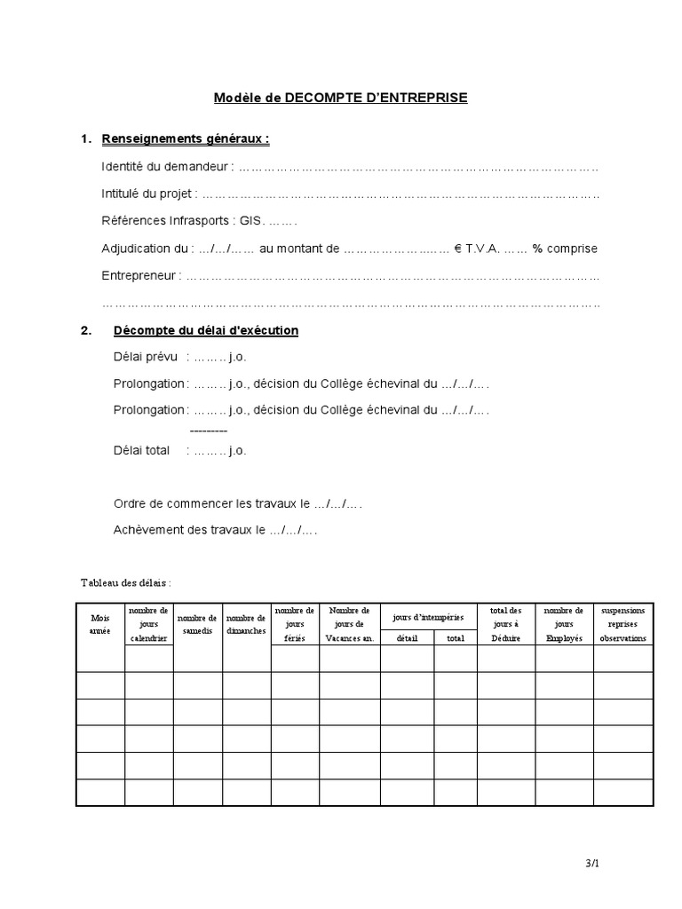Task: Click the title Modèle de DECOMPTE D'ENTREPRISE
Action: (x=340, y=98)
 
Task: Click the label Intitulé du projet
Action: (x=149, y=194)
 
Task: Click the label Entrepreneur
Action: (x=140, y=276)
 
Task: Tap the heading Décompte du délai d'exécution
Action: (x=206, y=330)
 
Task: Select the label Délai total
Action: (x=141, y=450)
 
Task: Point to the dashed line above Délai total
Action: (x=209, y=431)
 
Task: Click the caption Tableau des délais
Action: (x=125, y=583)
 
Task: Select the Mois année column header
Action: (x=99, y=624)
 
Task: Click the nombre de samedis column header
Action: (x=197, y=624)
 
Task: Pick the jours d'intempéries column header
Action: (x=429, y=616)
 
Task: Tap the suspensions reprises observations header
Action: (x=623, y=624)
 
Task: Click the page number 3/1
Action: (x=592, y=862)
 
